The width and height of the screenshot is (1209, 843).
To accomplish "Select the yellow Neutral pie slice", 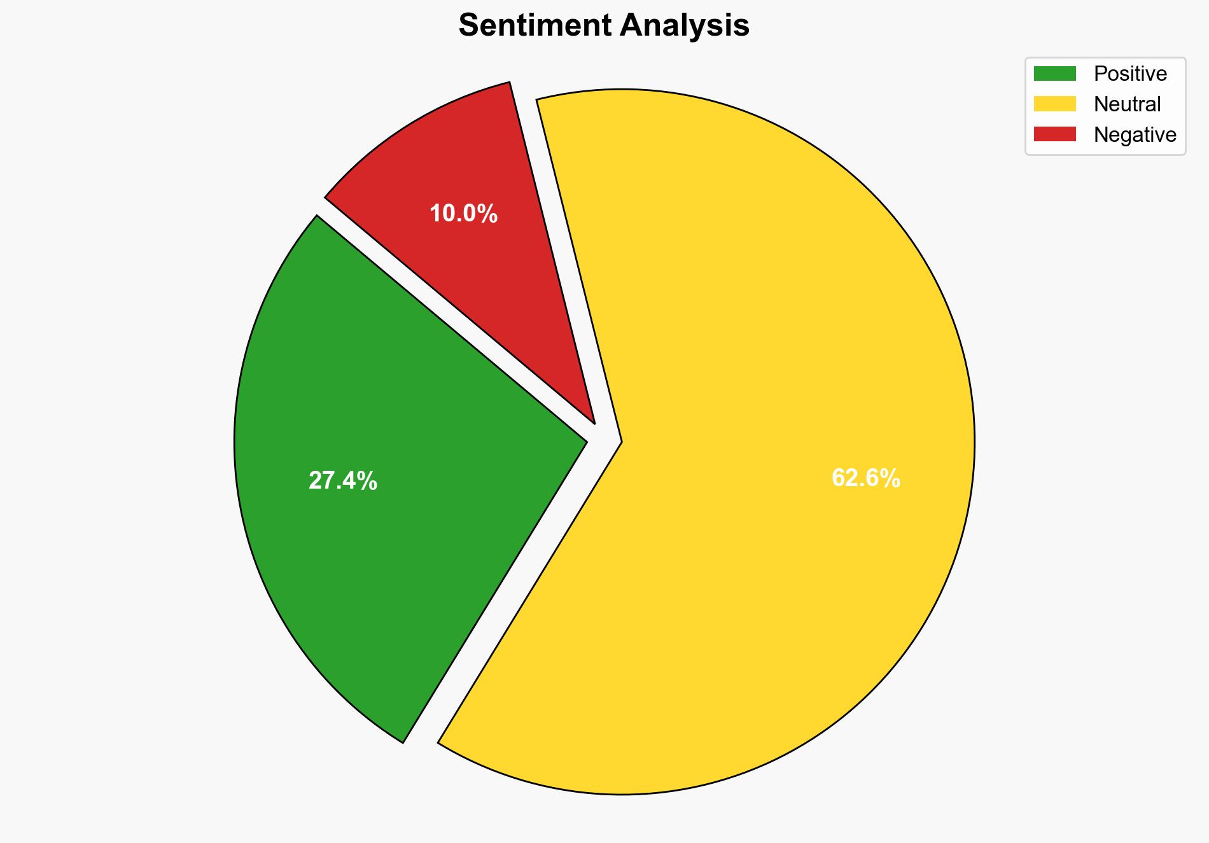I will pos(764,382).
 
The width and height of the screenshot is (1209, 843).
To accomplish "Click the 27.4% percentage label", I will pos(342,481).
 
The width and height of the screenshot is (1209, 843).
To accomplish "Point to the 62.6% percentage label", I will pos(865,478).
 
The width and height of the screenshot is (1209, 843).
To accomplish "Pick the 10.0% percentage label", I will pos(463,214).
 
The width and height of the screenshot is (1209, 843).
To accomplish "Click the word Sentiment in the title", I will pos(535,25).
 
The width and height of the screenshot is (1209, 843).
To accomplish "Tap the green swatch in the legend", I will pos(1054,74).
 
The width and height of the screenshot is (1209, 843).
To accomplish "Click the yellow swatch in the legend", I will pos(1054,104).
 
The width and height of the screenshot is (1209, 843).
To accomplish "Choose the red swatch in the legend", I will pos(1054,134).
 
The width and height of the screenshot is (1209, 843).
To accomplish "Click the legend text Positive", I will pos(1130,74).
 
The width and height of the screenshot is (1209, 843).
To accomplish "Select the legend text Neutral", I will pos(1127,104).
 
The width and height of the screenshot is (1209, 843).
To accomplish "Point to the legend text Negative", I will pos(1135,134).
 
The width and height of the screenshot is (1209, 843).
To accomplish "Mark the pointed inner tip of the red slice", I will pos(594,422).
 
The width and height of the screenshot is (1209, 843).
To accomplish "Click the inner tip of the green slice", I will pos(585,440).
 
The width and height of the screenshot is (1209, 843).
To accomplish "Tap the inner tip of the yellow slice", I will pos(620,441).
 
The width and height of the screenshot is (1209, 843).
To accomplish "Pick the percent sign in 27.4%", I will pos(368,481).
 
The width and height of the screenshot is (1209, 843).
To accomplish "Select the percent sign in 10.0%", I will pos(488,214).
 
